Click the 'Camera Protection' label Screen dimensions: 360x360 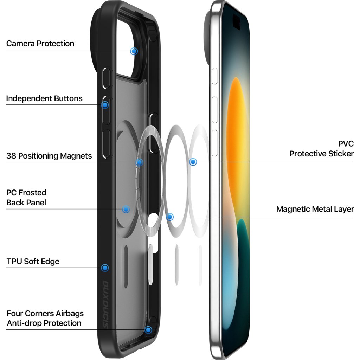pos(40,44)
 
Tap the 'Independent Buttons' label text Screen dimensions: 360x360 pos(44,98)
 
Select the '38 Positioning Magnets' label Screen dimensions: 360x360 pos(49,156)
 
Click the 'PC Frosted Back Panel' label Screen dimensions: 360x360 pos(26,198)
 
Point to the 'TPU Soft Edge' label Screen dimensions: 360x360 pos(33,262)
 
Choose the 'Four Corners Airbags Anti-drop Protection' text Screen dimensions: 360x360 pos(45,318)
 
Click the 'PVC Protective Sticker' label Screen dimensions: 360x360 pos(321,149)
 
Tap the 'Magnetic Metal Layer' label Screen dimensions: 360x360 pos(315,209)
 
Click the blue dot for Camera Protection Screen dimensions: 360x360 pos(134,51)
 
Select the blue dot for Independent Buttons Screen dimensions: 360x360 pos(105,105)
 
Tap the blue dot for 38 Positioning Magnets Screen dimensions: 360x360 pos(140,162)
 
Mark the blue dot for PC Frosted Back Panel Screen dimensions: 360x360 pos(126,210)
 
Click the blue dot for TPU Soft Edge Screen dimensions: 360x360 pos(104,268)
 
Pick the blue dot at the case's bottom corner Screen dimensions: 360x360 pos(148,330)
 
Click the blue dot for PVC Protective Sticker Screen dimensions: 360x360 pos(193,162)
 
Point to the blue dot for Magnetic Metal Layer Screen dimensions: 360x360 pos(170,217)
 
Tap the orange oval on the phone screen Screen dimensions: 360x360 pos(236,141)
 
